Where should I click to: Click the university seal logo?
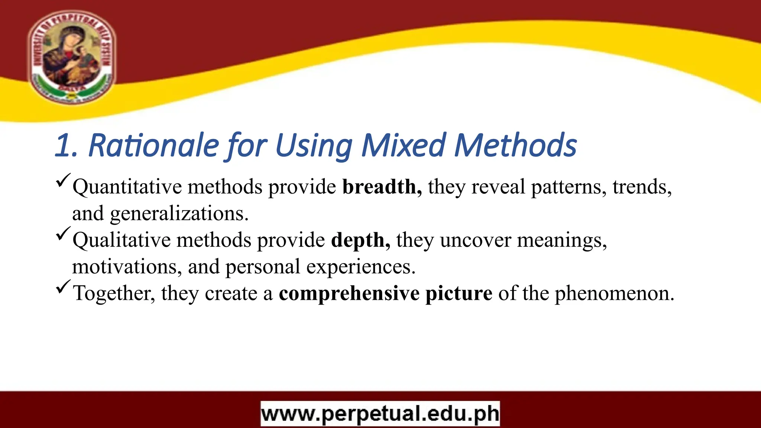(72, 56)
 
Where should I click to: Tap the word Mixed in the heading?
(404, 146)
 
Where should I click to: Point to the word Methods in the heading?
(515, 146)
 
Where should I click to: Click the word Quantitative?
(127, 187)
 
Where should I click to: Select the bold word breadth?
(382, 187)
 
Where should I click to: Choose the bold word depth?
(360, 240)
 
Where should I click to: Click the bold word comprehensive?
(349, 294)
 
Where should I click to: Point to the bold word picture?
(459, 294)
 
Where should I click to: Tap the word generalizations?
(179, 214)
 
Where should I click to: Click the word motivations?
(127, 267)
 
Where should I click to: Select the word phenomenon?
(614, 294)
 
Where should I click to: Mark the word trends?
(642, 187)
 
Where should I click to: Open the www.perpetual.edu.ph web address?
(380, 414)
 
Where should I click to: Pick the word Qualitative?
(122, 240)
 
